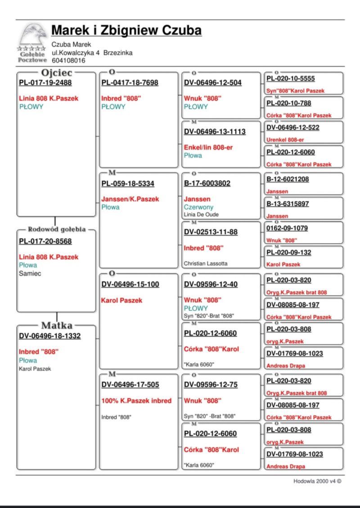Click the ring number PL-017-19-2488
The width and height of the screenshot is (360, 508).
point(45,82)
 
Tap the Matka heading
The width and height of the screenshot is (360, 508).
point(57,326)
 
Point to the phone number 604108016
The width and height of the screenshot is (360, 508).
point(68,60)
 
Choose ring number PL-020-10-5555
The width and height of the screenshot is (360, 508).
point(291,78)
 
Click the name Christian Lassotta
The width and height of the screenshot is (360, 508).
point(205,263)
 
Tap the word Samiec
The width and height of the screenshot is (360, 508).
point(30,273)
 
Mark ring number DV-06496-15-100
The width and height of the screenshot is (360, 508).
point(130,284)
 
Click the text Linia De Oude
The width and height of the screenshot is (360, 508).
point(201,214)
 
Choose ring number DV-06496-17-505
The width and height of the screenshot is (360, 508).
point(130,385)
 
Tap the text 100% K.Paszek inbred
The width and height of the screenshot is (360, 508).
point(136,401)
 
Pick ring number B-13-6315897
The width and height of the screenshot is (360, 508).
point(288,204)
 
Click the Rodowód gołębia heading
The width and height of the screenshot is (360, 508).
point(57,229)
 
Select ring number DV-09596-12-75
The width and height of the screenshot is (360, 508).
point(211,385)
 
